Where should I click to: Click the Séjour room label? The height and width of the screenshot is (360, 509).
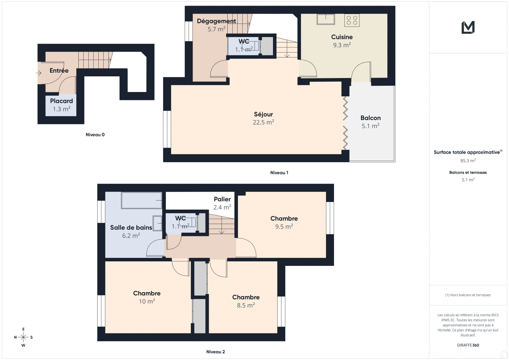pos(263,114)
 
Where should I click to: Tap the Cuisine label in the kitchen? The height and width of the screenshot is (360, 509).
pos(342,37)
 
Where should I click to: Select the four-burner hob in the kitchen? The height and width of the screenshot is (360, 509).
pos(352,20)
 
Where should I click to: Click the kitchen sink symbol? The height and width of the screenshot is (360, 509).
pos(326,19)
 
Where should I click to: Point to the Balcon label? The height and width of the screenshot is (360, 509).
pos(370,118)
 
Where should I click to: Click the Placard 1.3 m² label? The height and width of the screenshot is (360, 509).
pos(61,105)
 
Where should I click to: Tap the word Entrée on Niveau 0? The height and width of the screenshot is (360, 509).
pos(59,71)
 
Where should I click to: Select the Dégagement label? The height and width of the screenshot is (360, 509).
pos(216,21)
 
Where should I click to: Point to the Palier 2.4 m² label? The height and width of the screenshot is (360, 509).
pos(222,203)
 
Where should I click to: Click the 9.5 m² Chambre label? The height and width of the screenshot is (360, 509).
pos(284,222)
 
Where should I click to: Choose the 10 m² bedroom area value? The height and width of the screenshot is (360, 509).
pos(147,301)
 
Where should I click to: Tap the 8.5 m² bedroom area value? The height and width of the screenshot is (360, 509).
pos(246,305)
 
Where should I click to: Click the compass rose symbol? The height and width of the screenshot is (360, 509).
pos(23,337)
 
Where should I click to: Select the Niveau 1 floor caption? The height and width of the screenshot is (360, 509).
pos(279,173)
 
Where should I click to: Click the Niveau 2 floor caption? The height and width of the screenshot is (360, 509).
pos(215,352)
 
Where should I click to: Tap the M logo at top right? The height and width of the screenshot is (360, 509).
pos(468,28)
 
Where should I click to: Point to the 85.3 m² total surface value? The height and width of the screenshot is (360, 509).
pos(468,161)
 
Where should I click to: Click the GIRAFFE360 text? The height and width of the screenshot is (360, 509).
pos(468,345)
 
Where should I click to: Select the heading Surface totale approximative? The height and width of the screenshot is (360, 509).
pos(467,152)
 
